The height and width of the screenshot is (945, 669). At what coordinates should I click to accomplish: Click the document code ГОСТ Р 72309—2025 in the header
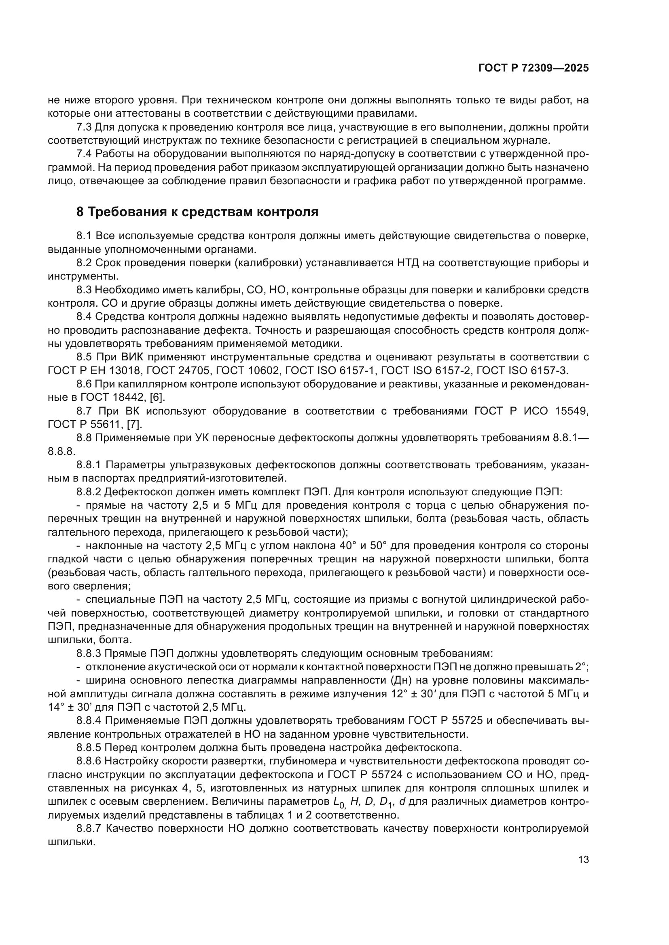534,68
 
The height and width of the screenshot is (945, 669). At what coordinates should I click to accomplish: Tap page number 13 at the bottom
583,860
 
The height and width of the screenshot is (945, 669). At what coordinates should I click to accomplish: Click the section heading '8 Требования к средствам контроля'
197,212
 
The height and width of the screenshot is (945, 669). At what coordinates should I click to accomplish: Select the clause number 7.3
84,127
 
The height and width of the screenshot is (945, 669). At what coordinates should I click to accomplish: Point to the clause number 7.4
84,154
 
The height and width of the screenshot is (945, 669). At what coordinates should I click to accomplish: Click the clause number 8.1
84,236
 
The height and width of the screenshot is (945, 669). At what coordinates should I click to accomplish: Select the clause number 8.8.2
89,492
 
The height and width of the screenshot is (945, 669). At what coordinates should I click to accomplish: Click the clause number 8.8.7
89,829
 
